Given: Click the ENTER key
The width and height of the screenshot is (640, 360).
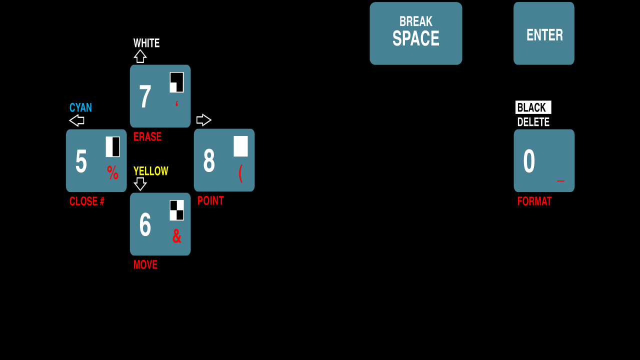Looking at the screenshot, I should [x=544, y=34].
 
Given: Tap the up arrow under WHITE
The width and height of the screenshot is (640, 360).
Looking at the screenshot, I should [x=140, y=56].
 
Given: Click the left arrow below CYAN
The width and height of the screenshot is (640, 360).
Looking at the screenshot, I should [x=76, y=120].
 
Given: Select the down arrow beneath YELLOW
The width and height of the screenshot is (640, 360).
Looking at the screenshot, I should [x=140, y=184].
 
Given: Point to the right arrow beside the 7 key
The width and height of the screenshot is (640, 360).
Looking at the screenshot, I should [x=204, y=120].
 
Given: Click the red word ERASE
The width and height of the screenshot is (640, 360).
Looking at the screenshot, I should [x=147, y=137].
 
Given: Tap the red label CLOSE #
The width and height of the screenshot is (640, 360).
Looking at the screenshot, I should [x=87, y=201].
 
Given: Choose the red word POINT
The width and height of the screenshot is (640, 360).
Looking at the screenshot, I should [x=210, y=200].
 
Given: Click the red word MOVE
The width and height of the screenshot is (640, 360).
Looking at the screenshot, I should [x=145, y=265].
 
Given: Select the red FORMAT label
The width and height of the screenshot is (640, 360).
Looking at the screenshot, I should [x=534, y=201].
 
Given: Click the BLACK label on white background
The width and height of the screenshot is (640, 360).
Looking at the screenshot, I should [x=533, y=107].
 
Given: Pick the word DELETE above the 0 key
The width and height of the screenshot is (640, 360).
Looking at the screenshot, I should [x=533, y=122].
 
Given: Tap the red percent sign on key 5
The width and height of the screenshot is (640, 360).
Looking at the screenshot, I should [x=113, y=173].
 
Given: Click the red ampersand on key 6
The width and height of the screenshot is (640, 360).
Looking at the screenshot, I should [x=176, y=236].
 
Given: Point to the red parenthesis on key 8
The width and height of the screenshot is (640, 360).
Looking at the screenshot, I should [x=240, y=173].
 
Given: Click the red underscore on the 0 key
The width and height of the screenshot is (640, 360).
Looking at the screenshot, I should [x=560, y=181].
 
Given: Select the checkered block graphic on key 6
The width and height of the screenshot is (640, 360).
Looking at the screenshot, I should [x=176, y=210].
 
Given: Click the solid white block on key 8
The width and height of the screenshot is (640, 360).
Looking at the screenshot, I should [x=240, y=146].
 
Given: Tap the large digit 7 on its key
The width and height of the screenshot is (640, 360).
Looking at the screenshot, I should [x=145, y=96].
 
